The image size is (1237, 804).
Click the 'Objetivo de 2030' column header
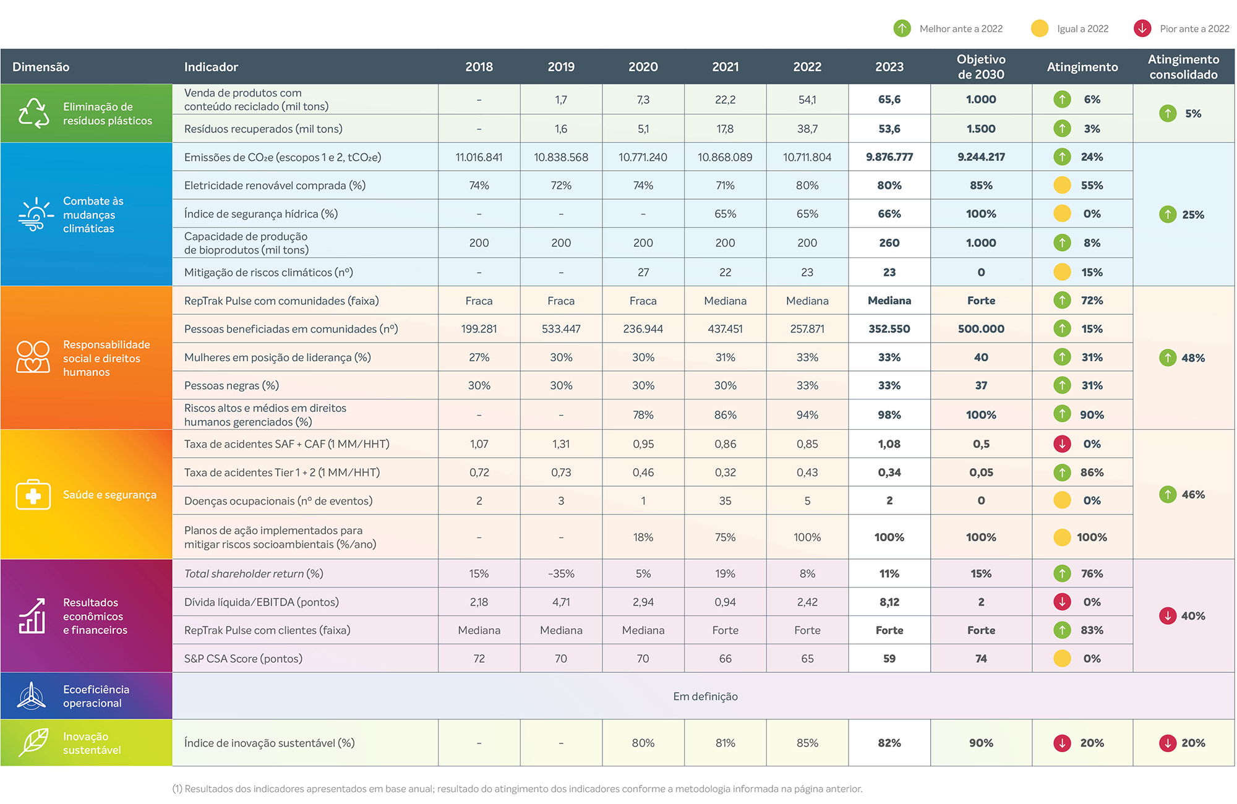[x=981, y=67]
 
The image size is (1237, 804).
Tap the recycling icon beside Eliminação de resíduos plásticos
[x=33, y=113]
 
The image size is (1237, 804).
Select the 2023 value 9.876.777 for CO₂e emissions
[x=889, y=157]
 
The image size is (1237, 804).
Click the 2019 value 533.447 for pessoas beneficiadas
[x=561, y=329]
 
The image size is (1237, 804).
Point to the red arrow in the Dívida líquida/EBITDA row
[x=1062, y=602]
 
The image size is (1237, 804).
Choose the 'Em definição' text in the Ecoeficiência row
[x=705, y=696]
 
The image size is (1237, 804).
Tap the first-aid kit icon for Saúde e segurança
[x=33, y=494]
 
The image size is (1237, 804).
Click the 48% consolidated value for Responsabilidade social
[x=1193, y=358]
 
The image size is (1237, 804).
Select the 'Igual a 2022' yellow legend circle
[x=1040, y=28]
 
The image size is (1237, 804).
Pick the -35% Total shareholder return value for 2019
[x=561, y=574]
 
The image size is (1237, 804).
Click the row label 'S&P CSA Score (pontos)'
[x=243, y=659]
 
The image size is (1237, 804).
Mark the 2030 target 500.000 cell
[x=981, y=329]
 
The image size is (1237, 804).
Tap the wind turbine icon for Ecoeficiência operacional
[x=31, y=696]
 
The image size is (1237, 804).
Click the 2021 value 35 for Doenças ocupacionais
[x=725, y=501]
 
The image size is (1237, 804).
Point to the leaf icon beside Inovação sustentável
[x=33, y=742]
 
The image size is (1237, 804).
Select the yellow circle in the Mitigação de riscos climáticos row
[x=1062, y=272]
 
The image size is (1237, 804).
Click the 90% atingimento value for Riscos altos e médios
[x=1092, y=415]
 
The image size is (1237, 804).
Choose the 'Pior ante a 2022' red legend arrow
[x=1142, y=28]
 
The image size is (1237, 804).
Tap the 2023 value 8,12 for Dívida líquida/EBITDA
[x=889, y=602]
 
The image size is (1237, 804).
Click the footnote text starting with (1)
[x=517, y=789]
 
